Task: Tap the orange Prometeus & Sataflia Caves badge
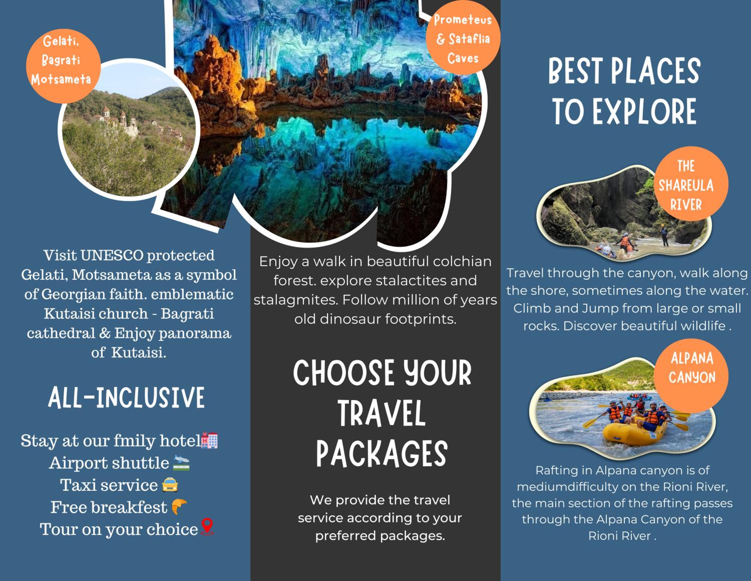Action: tap(463, 38)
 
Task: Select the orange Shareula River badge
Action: tap(691, 183)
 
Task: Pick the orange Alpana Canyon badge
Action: tap(691, 376)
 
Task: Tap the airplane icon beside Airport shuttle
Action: tap(181, 463)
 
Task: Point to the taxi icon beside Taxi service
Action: tap(170, 485)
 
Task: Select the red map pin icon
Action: tap(206, 527)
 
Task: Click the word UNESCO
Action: tap(112, 255)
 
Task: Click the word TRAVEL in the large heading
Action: tap(382, 413)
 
